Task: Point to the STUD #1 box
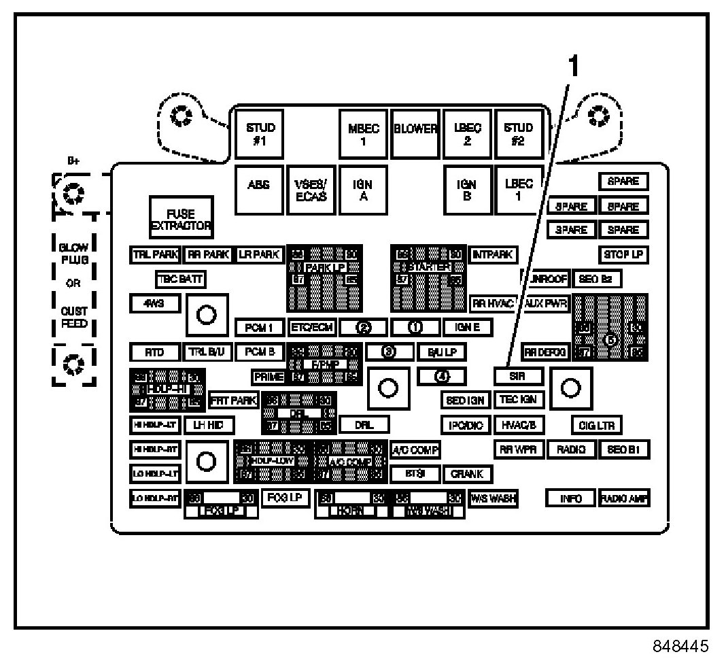click(x=260, y=133)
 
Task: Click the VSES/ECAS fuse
click(x=311, y=188)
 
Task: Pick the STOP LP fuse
click(x=623, y=255)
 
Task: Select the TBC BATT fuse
click(x=180, y=279)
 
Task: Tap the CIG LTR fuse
click(x=596, y=426)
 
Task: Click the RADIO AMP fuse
click(x=624, y=498)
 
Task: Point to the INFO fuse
click(x=570, y=498)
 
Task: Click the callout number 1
click(x=574, y=68)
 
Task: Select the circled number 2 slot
click(x=363, y=327)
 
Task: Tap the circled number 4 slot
click(x=442, y=375)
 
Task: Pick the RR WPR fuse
click(x=519, y=449)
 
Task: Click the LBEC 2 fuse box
click(x=467, y=133)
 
